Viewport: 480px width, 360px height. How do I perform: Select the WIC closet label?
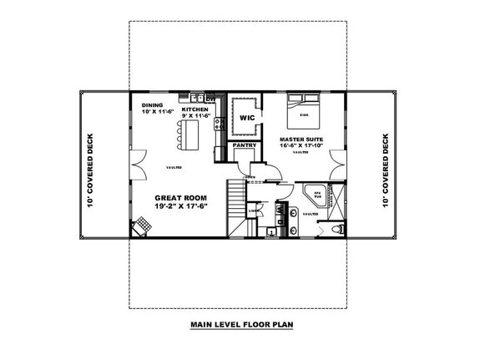[x=246, y=119]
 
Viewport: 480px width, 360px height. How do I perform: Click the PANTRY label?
[x=245, y=145]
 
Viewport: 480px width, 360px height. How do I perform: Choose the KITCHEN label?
[x=195, y=109]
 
